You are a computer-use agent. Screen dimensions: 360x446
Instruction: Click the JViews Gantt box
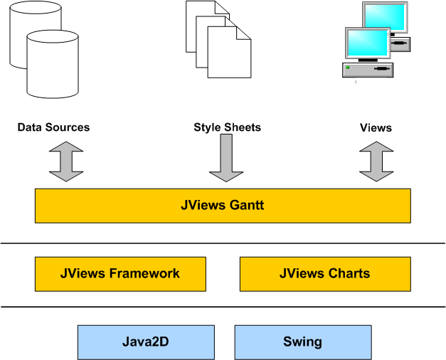click(x=223, y=206)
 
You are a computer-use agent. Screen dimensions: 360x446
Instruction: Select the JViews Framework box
click(x=120, y=274)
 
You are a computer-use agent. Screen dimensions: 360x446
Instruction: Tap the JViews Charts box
click(x=325, y=274)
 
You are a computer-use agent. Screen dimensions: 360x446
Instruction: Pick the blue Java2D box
click(x=146, y=342)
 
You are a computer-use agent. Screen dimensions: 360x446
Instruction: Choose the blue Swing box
click(x=302, y=342)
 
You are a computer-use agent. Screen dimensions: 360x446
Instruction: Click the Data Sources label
click(x=54, y=127)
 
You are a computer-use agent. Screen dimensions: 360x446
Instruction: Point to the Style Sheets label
click(x=227, y=127)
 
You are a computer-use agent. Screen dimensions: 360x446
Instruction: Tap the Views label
click(x=376, y=127)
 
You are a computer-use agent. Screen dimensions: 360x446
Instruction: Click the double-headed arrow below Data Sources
click(x=66, y=162)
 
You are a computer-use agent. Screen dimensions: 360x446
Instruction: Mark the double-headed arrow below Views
click(x=376, y=162)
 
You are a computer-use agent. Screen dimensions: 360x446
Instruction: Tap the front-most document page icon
click(x=229, y=53)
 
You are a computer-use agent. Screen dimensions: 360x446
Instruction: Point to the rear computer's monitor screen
click(x=388, y=16)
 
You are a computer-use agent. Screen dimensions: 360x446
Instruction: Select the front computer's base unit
click(x=368, y=70)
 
